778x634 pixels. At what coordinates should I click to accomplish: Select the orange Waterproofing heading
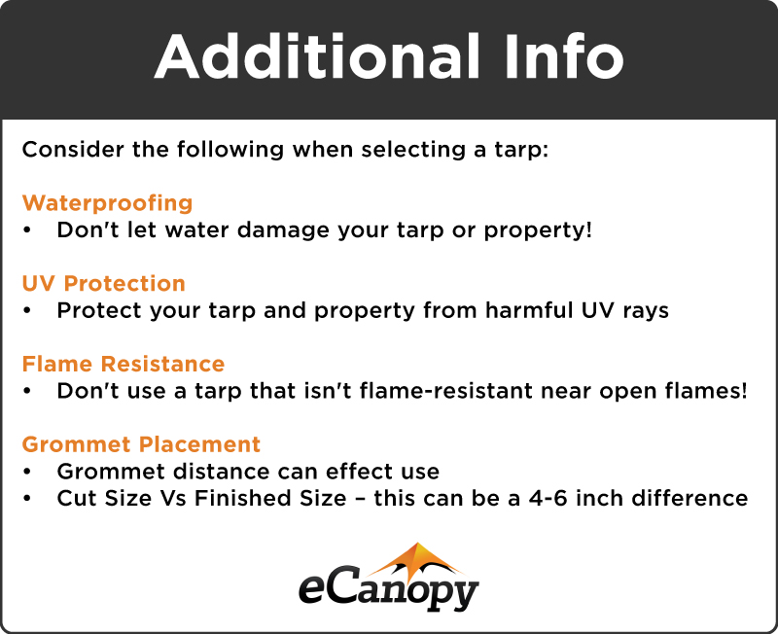click(x=107, y=203)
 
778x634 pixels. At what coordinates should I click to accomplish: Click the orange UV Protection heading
click(x=103, y=284)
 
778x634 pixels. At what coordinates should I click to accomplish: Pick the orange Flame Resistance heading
click(x=124, y=365)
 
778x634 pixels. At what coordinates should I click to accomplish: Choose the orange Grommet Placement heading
click(x=141, y=445)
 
